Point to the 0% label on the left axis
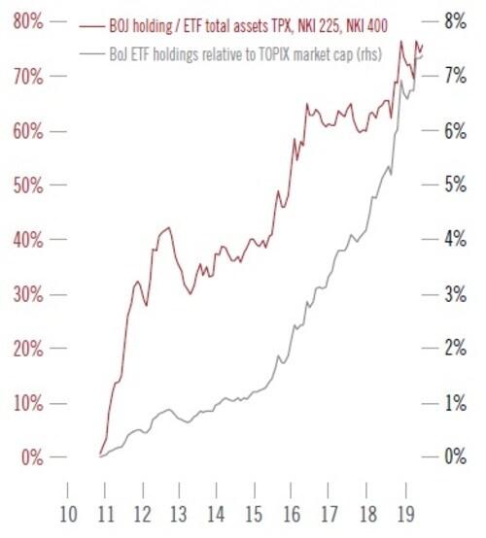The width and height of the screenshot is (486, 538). point(29,457)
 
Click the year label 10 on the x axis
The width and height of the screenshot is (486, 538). point(68,514)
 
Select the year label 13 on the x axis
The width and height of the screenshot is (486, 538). point(178,514)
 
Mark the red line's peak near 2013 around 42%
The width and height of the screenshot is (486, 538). point(167,228)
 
